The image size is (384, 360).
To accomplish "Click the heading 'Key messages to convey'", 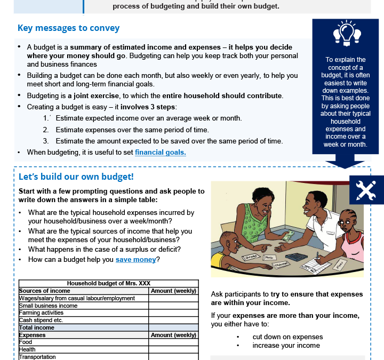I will (x=68, y=28).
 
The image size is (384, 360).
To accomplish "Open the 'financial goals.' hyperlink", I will (x=160, y=152).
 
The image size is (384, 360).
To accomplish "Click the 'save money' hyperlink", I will (x=136, y=260).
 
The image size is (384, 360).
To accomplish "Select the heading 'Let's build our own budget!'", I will (x=76, y=177).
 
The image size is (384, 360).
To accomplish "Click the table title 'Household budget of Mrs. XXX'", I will (x=108, y=284).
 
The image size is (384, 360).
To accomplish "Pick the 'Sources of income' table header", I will (x=45, y=291).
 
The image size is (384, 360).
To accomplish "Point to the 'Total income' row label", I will (x=37, y=327).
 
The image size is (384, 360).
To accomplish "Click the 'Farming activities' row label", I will (x=42, y=313).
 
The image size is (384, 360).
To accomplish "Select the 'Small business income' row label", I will (x=49, y=306).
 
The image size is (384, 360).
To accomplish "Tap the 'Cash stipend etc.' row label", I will (x=41, y=320).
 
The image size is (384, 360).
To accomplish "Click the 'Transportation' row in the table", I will (x=37, y=357).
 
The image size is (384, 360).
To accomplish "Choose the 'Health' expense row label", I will (x=27, y=349).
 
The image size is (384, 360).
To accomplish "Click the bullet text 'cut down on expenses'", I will (x=287, y=337).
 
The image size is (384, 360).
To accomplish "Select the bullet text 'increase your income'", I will (x=286, y=345).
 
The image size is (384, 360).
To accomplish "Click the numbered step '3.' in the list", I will (x=46, y=141).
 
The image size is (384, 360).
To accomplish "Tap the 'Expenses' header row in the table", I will (x=33, y=335).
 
